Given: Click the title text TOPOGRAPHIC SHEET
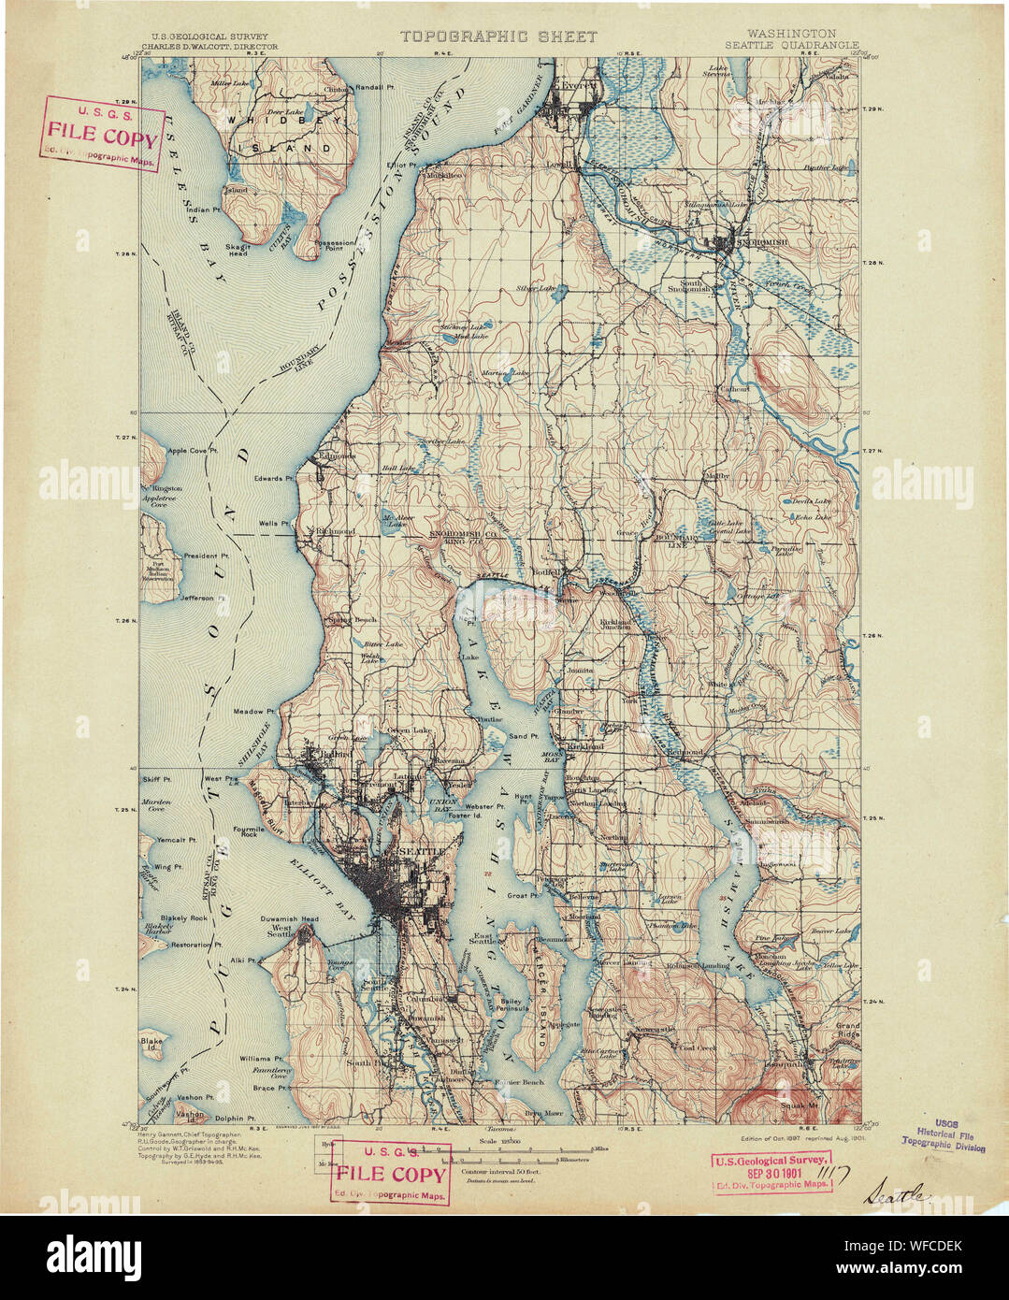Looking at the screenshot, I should point(497,36).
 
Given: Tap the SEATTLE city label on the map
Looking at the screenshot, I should point(421,853).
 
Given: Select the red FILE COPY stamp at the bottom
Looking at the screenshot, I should point(391,1174).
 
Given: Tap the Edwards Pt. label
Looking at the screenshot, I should point(274,478).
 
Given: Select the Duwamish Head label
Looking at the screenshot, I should point(289,918).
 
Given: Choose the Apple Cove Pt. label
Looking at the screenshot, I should point(193,451).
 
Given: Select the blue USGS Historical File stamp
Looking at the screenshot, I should point(943,1134).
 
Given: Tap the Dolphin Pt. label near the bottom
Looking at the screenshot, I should point(238,1118).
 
